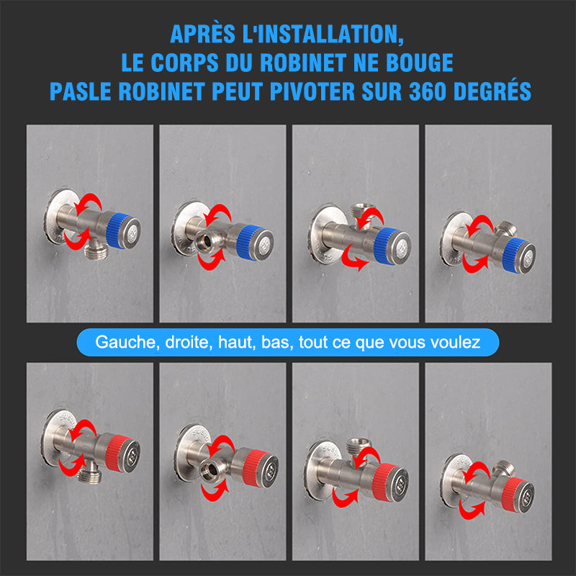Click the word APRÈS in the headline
[x=202, y=34]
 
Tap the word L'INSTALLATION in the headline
[x=323, y=35]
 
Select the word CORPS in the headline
[x=184, y=63]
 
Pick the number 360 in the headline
[x=428, y=91]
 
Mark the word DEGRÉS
[x=492, y=91]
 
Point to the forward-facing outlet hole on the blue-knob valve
[x=207, y=240]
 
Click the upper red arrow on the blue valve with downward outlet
[x=89, y=203]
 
